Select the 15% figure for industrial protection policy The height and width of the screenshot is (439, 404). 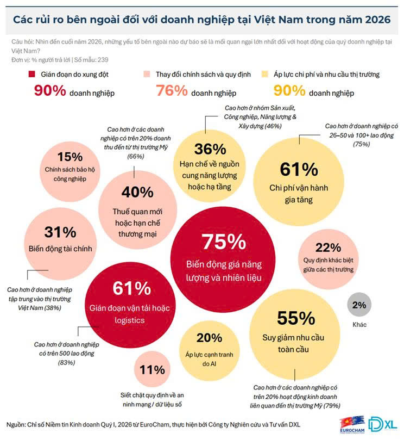click(x=70, y=157)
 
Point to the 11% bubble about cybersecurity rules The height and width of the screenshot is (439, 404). click(x=151, y=370)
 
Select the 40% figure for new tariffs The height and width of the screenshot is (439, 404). click(x=137, y=191)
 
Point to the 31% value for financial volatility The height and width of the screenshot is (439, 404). click(x=60, y=232)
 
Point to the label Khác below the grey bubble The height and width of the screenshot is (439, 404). click(x=359, y=325)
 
